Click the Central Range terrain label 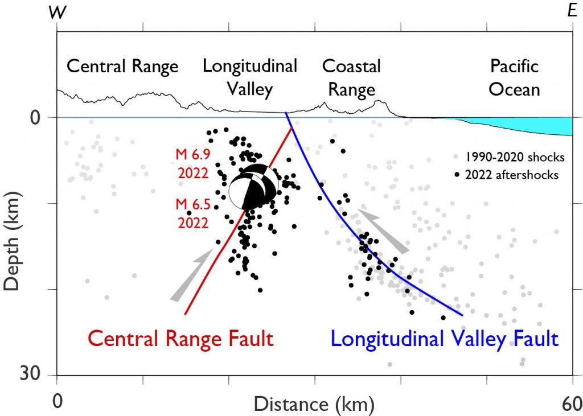point(122,67)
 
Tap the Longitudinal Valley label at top point(250,77)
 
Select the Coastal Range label point(351,77)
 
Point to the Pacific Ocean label point(514,77)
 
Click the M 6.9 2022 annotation point(192,164)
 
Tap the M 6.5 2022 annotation point(192,214)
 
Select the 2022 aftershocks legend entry point(507,175)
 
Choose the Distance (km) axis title point(314,405)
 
